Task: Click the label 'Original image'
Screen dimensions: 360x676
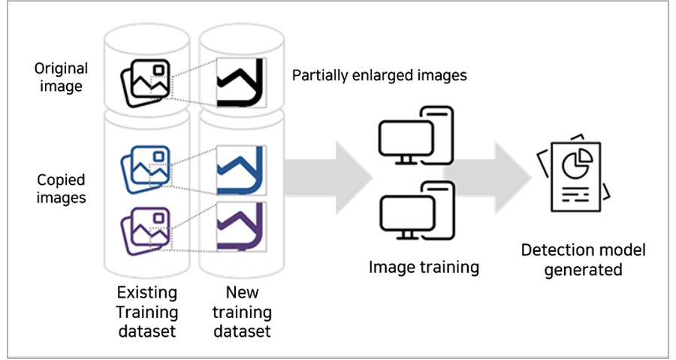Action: pos(61,77)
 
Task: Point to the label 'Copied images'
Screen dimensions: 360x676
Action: pos(61,189)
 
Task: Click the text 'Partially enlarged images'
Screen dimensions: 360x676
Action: pos(379,75)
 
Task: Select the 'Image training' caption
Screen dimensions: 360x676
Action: pos(424,266)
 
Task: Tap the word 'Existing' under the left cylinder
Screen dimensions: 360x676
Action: pos(147,292)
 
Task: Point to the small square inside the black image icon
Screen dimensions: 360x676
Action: pos(158,71)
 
